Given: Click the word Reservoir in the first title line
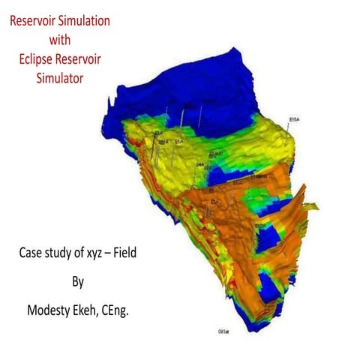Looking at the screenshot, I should tap(34, 22).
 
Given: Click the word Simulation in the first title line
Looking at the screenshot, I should tap(85, 22).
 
